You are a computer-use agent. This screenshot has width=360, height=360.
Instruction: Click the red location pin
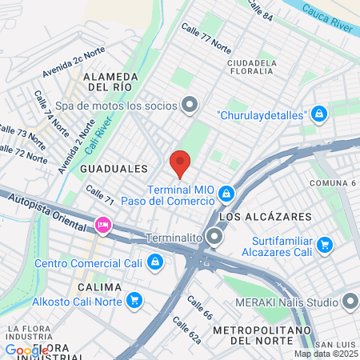point(180,162)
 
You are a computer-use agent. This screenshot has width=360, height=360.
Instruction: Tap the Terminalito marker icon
point(214,238)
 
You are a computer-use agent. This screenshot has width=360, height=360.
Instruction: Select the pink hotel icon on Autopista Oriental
point(102,226)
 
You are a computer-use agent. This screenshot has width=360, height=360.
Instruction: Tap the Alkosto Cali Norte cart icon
point(134,301)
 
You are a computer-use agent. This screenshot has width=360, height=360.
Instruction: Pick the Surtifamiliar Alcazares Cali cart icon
point(324,245)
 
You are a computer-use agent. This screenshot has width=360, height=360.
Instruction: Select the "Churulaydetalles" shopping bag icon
point(319,114)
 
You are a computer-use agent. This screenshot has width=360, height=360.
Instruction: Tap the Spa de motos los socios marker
point(190,105)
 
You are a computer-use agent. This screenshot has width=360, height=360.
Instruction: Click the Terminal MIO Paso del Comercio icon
point(227,193)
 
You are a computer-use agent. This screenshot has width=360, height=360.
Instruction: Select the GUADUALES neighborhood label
point(114,169)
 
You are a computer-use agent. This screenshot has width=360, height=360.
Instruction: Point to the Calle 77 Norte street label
point(206,38)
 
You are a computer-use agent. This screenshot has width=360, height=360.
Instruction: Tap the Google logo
point(26,350)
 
